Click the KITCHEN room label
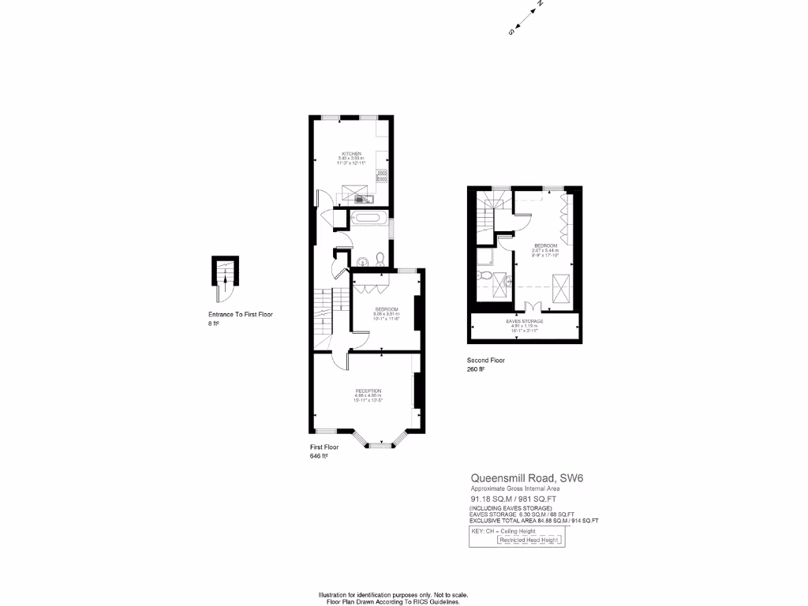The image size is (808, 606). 351,153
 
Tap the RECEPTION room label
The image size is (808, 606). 368,391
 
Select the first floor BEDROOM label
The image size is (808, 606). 386,309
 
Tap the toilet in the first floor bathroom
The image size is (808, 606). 380,258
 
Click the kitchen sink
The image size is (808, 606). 361,199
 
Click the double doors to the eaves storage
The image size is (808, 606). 533,307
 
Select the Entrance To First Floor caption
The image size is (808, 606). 240,314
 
